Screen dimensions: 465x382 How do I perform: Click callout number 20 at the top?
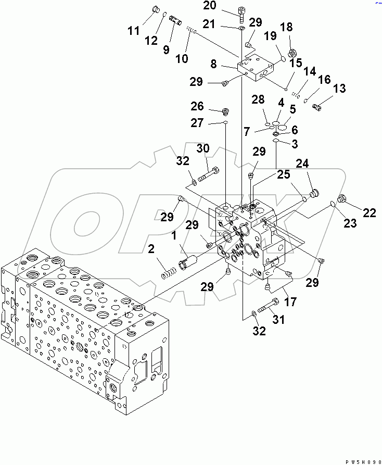point(224,6)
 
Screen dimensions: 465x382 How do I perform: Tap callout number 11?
point(134,31)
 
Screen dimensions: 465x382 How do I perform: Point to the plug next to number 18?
point(292,53)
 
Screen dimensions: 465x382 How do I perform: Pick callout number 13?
point(339,89)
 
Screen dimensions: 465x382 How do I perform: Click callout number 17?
point(290,301)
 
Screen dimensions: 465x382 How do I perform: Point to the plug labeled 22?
point(342,198)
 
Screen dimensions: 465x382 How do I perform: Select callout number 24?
point(302,165)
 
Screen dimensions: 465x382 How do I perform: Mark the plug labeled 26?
point(226,110)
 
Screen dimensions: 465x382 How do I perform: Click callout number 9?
point(166,50)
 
